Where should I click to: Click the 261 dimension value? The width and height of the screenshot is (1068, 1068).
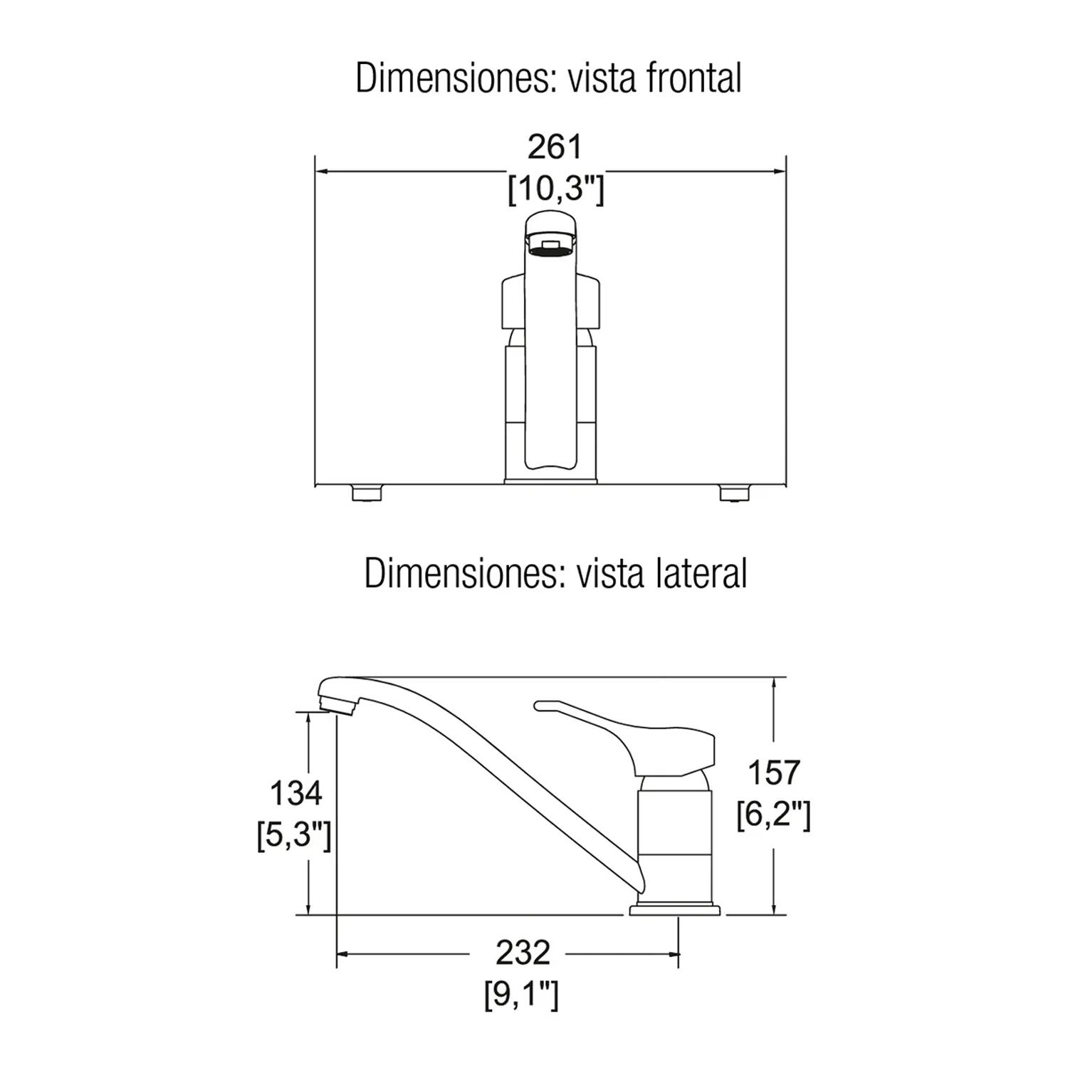554,147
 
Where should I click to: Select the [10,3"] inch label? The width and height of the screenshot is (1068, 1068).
555,189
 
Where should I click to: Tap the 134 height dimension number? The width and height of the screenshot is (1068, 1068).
295,793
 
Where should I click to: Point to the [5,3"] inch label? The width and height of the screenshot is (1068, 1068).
293,835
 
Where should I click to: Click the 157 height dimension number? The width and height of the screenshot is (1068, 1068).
774,773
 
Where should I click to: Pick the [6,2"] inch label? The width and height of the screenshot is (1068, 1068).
773,815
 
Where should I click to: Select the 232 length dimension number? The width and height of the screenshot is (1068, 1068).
523,953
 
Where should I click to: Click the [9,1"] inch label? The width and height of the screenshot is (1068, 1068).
521,995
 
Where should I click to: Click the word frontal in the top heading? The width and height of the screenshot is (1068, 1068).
693,78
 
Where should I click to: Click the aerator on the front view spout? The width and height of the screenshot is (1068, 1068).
550,246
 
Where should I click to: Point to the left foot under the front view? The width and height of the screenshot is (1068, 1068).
367,493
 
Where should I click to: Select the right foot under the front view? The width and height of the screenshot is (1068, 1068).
734,493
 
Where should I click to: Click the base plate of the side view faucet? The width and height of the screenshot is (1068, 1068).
674,909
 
